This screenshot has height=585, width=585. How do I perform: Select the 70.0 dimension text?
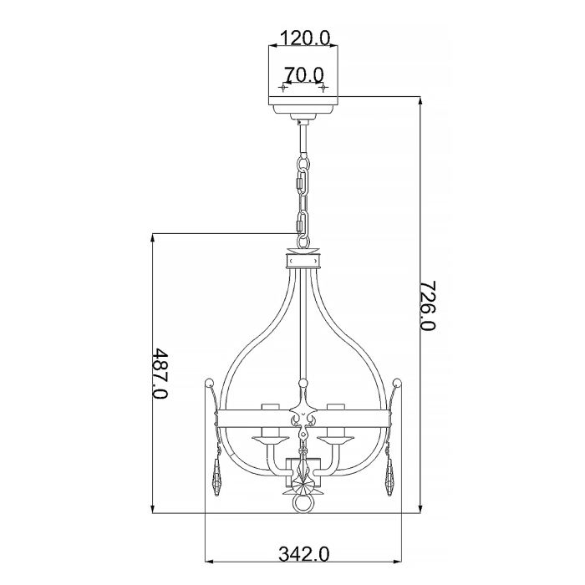[x=303, y=75]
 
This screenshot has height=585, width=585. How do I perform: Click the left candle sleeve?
[x=268, y=411]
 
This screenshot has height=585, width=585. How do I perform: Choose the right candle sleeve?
[x=338, y=411]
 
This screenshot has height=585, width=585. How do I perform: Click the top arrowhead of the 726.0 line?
[x=419, y=100]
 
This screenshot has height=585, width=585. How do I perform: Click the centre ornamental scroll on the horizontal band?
[x=303, y=418]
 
